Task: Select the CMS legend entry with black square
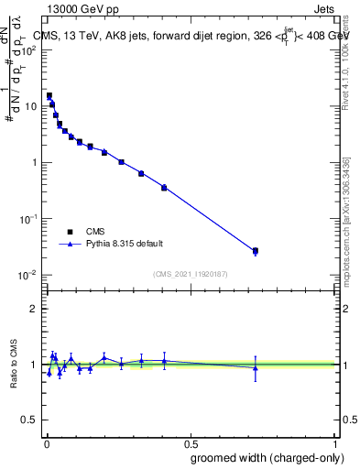pos(71,231)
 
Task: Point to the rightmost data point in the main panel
pos(256,251)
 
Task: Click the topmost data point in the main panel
pos(49,95)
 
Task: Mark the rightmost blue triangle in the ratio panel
pos(256,368)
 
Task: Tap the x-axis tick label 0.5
pos(191,442)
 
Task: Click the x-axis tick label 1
pos(336,442)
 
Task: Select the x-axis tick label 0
pos(46,442)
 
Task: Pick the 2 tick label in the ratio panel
pos(35,309)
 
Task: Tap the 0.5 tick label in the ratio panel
pos(31,421)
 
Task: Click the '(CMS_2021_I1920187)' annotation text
pos(191,273)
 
